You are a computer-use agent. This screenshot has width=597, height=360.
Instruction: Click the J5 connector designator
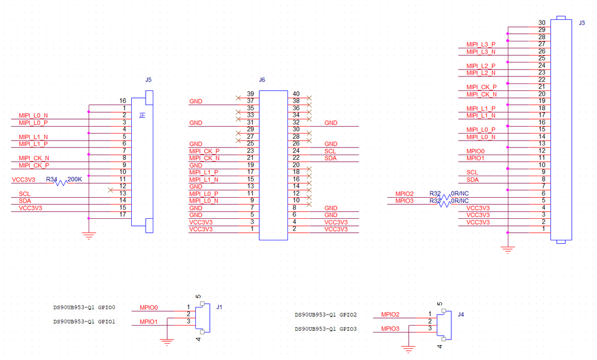[x=148, y=79]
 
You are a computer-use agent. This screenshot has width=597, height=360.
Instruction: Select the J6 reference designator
[x=262, y=79]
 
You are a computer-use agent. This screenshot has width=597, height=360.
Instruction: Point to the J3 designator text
[x=582, y=23]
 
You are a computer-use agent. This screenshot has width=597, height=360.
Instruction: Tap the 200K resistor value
[x=75, y=179]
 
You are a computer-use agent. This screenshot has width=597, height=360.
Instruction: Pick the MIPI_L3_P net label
[x=481, y=44]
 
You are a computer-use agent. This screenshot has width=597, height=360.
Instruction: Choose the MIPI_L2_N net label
[x=481, y=73]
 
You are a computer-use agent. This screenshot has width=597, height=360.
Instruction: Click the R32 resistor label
[x=435, y=193]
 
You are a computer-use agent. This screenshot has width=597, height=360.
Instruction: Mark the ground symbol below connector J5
[x=89, y=235]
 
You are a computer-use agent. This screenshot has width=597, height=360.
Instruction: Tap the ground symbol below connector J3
[x=508, y=250]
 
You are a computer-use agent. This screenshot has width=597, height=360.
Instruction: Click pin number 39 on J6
[x=250, y=94]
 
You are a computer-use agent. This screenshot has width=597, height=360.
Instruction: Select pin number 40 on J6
[x=296, y=94]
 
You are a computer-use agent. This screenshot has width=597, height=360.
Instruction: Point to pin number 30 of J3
[x=542, y=23]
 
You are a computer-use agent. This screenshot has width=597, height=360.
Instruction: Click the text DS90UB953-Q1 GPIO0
[x=85, y=307]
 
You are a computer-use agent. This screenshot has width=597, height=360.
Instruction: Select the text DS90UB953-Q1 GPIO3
[x=326, y=329]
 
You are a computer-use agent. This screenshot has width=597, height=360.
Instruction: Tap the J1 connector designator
[x=219, y=307]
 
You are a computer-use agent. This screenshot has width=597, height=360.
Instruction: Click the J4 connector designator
[x=461, y=314]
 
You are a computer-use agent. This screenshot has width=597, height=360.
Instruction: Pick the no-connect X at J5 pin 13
[x=110, y=190]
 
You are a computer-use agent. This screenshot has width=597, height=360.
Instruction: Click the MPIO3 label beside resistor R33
[x=404, y=201]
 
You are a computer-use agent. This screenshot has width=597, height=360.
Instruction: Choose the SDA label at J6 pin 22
[x=331, y=158]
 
